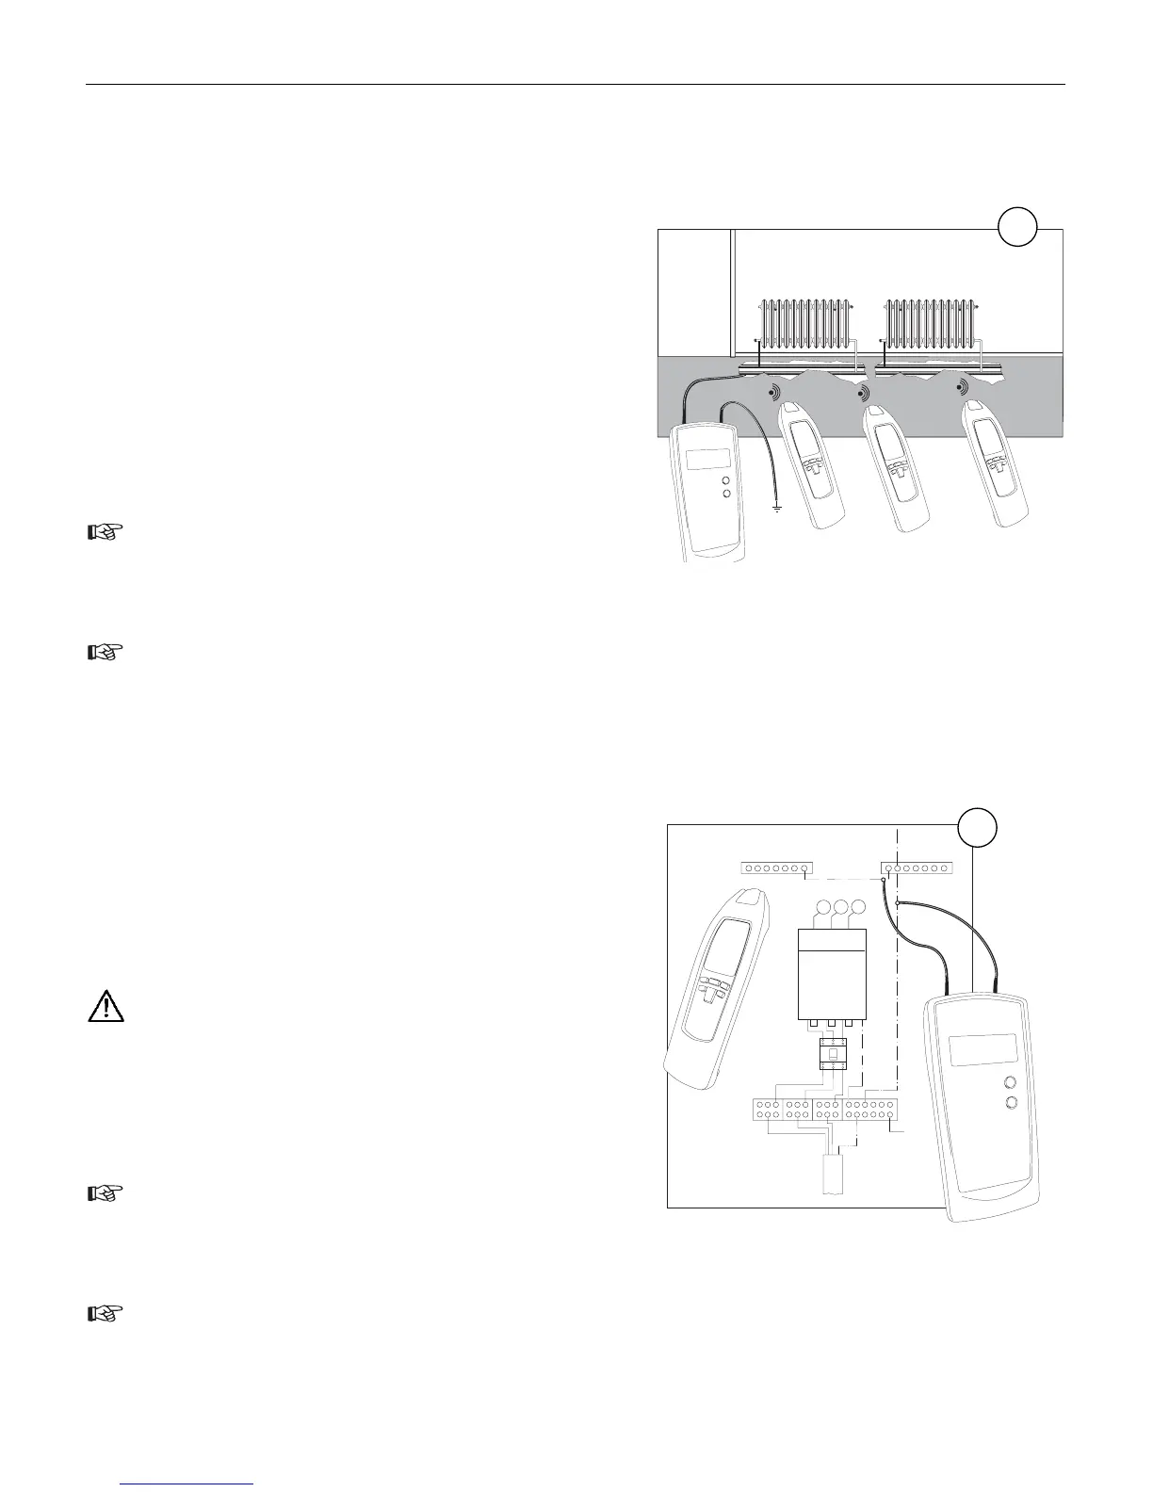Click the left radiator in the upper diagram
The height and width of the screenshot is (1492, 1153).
pos(806,323)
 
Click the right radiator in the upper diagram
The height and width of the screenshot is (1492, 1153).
pos(931,323)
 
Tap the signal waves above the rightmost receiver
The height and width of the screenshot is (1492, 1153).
pos(961,387)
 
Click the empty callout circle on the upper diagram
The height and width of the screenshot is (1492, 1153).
pos(1017,229)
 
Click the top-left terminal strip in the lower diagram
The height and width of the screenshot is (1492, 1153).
pos(775,868)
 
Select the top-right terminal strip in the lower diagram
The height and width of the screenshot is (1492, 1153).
pos(919,868)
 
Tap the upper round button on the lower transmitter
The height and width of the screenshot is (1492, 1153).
pos(1011,1083)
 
